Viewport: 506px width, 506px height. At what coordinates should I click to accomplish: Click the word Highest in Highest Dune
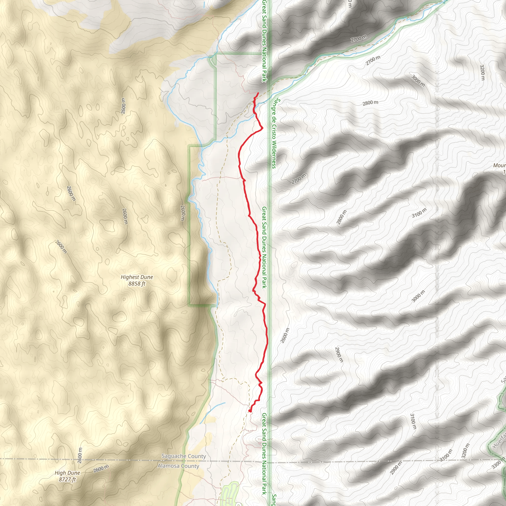(x=129, y=277)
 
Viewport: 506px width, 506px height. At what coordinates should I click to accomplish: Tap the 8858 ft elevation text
(x=137, y=284)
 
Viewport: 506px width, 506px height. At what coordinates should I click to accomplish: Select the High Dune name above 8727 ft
(x=67, y=473)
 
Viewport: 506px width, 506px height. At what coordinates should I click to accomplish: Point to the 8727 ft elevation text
(x=67, y=480)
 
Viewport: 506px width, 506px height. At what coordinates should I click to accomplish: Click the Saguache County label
(x=184, y=456)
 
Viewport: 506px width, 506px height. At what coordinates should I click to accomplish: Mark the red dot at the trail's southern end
(x=250, y=411)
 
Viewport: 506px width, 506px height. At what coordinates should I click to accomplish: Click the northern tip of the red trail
(x=258, y=93)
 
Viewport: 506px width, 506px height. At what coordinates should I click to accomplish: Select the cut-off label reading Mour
(x=499, y=166)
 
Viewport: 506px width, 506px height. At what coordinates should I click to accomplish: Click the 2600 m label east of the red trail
(x=285, y=336)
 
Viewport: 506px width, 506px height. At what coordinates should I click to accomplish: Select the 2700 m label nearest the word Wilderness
(x=298, y=179)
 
